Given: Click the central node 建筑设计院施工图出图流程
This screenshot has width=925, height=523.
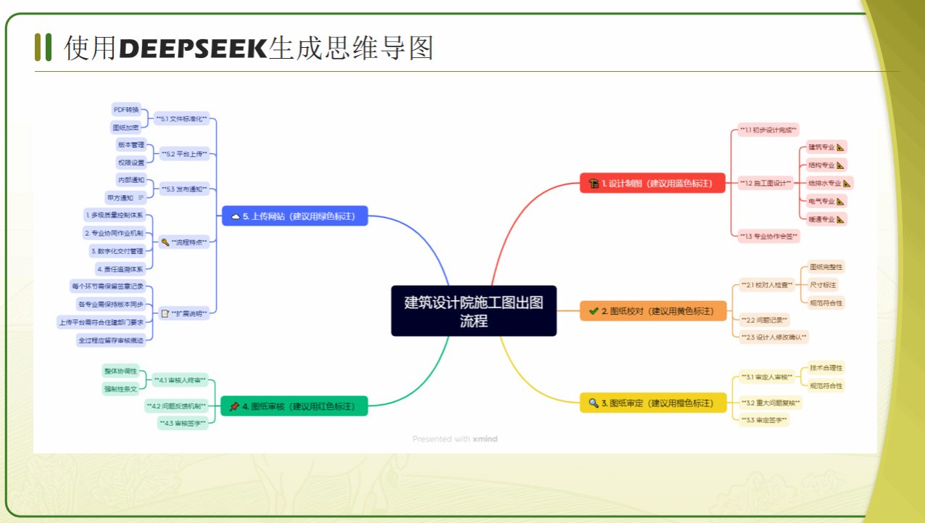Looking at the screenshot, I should pyautogui.click(x=473, y=310).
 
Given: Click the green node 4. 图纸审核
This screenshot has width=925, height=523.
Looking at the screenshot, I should pyautogui.click(x=294, y=406).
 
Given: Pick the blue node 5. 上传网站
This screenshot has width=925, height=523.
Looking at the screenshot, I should pyautogui.click(x=294, y=216).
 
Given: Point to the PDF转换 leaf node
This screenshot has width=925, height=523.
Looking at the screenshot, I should pyautogui.click(x=125, y=110).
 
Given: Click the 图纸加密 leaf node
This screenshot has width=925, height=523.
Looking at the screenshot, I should pyautogui.click(x=125, y=128).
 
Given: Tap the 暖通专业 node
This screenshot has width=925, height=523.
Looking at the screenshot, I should pyautogui.click(x=826, y=218).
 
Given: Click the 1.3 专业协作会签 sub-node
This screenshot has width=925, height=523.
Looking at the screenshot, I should pyautogui.click(x=769, y=236).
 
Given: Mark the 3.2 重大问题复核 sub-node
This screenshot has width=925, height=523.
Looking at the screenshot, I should pyautogui.click(x=771, y=402).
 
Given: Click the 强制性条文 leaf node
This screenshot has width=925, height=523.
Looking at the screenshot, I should pyautogui.click(x=120, y=389).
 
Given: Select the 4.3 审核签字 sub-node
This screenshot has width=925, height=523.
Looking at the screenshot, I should pyautogui.click(x=183, y=422).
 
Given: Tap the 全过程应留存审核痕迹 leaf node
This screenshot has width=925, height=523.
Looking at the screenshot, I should pyautogui.click(x=111, y=339).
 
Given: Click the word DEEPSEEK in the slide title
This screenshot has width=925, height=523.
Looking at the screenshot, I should pyautogui.click(x=193, y=48).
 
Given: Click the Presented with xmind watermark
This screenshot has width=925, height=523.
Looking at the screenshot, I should pyautogui.click(x=455, y=439).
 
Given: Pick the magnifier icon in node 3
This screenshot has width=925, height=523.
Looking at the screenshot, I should pyautogui.click(x=594, y=403).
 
